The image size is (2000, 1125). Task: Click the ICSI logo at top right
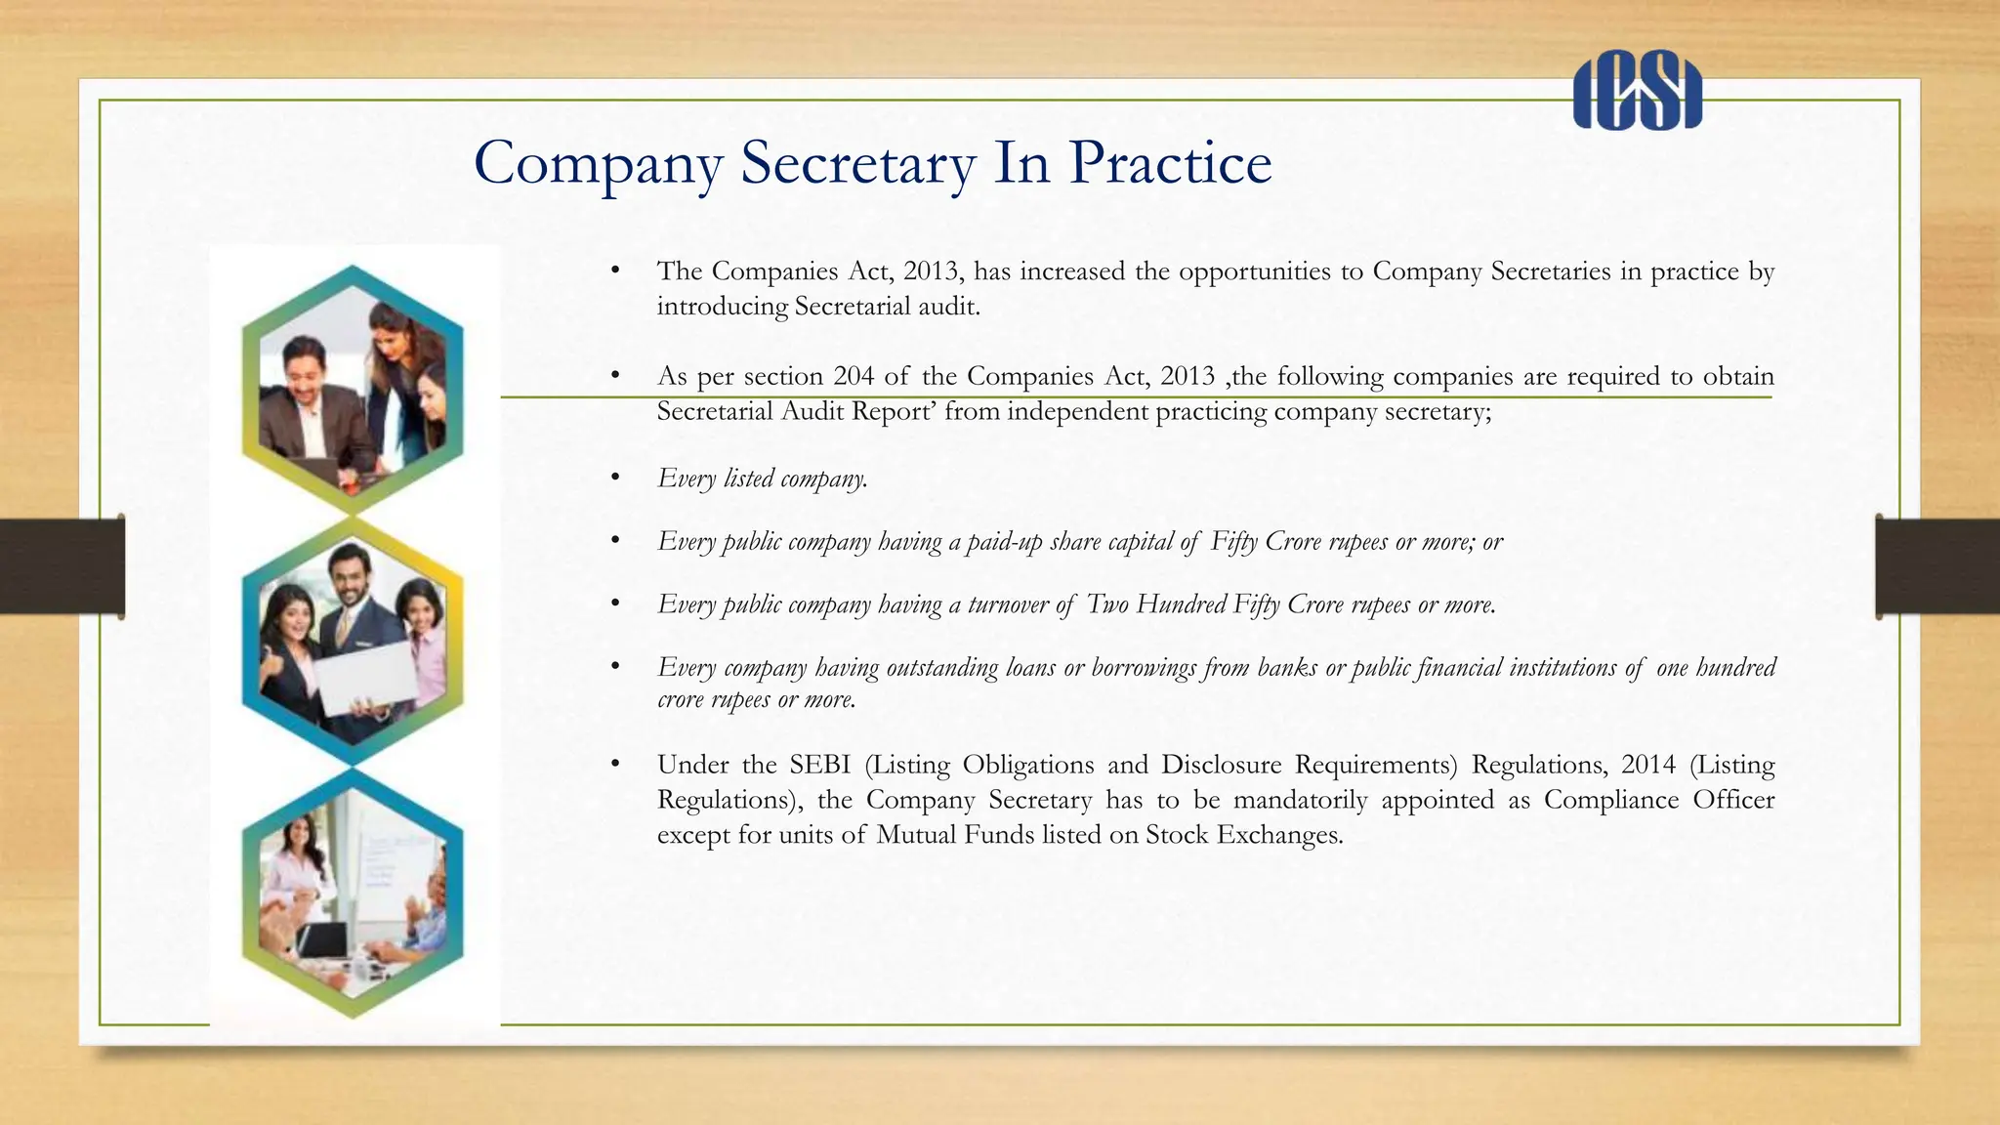[1637, 95]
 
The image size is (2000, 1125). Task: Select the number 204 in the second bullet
[854, 376]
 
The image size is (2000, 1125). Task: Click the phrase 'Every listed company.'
[762, 479]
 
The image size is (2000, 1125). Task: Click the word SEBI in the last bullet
[819, 765]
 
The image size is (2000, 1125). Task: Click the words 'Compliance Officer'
[1658, 800]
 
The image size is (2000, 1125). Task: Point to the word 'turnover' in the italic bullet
[1008, 605]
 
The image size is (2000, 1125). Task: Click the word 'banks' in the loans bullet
[1287, 668]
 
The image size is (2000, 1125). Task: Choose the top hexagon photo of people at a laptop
[353, 391]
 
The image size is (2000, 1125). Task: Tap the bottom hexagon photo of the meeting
[353, 894]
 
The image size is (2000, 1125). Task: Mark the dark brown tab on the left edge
[62, 566]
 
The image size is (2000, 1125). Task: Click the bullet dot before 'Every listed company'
[615, 479]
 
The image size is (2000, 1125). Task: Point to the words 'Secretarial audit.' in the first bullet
[887, 307]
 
